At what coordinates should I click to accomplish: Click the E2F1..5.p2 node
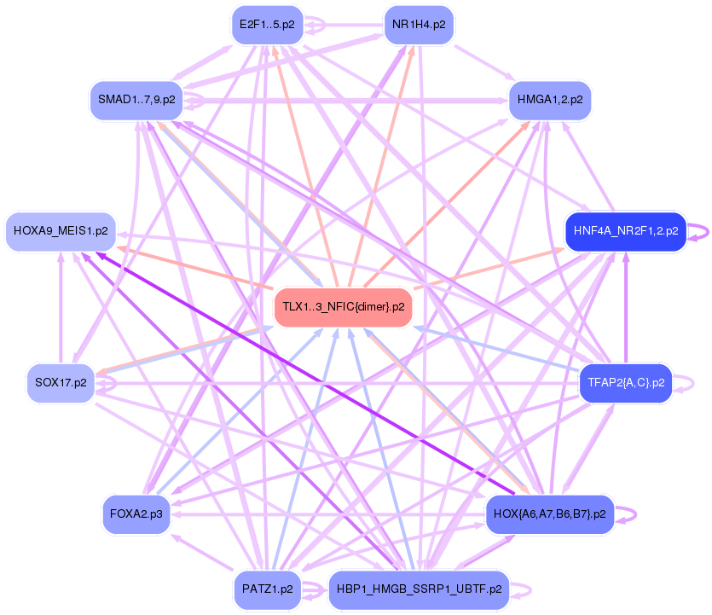point(267,25)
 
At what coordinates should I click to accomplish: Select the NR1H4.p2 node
point(418,25)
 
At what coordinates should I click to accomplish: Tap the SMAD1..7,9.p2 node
point(136,100)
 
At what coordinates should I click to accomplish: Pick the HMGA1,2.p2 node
point(549,100)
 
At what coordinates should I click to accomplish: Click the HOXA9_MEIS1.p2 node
point(61,231)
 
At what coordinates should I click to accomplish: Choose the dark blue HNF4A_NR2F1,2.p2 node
point(625,231)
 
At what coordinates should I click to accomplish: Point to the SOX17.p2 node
point(60,383)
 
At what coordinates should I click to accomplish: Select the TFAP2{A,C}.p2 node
point(625,381)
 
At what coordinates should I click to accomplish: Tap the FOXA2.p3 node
point(136,514)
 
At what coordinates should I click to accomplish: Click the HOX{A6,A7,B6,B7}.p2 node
point(549,514)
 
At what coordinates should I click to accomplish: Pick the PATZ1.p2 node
point(267,589)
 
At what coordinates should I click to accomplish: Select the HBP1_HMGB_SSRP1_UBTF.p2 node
point(418,589)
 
